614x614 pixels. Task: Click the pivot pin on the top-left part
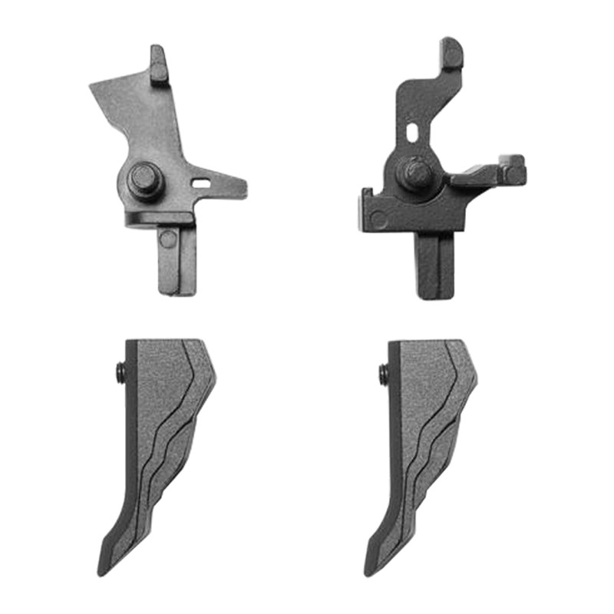145,182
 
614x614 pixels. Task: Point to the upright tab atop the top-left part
158,64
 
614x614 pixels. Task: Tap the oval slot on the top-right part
413,131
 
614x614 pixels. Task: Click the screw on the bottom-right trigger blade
383,373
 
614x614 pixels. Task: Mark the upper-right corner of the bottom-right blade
460,342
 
